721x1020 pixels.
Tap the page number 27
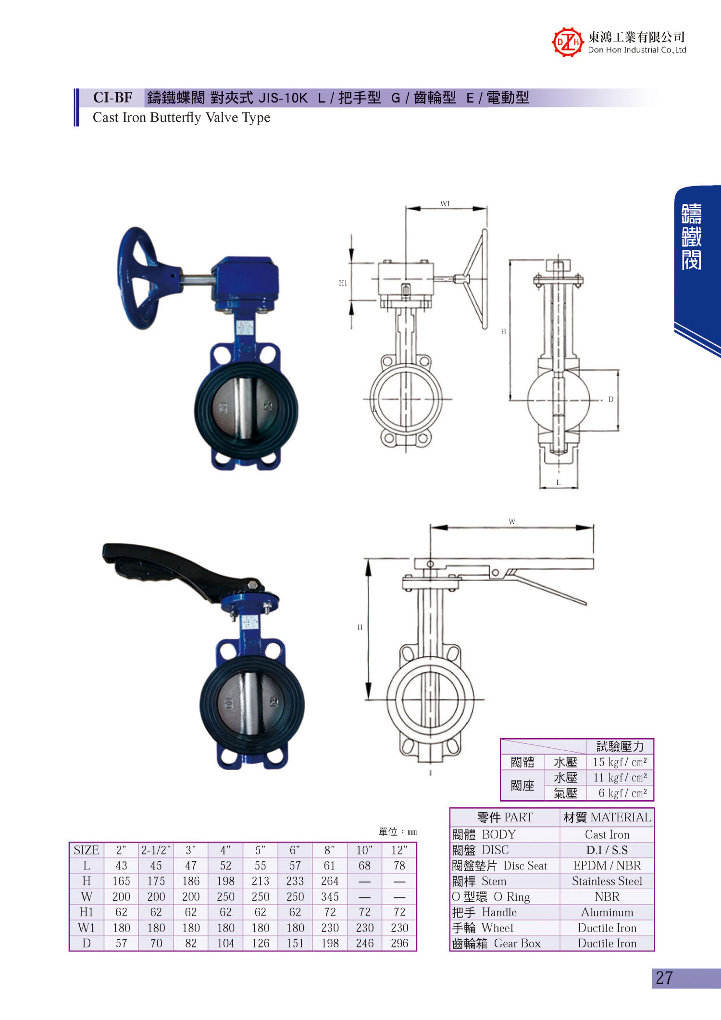tap(664, 978)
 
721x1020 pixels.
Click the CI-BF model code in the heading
tap(112, 98)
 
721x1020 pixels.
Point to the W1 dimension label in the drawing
tap(445, 204)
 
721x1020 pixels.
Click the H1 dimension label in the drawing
tap(343, 283)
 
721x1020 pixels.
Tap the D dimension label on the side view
tap(610, 399)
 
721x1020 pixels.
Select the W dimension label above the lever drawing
tap(512, 521)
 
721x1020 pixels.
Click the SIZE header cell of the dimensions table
tap(87, 850)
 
